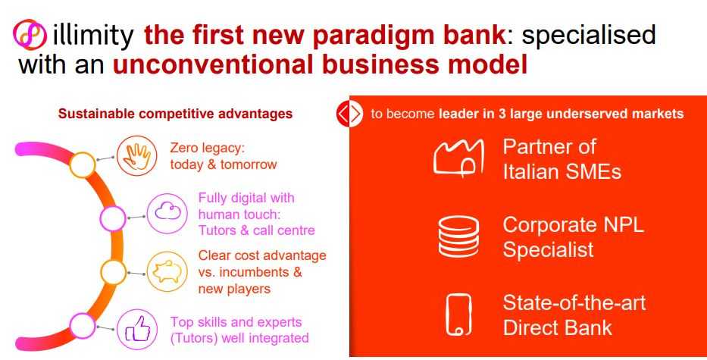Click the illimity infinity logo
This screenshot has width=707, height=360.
[x=30, y=34]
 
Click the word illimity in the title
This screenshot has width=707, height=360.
[x=93, y=34]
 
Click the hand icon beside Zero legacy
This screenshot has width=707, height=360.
[x=136, y=156]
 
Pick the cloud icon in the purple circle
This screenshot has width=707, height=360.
[x=167, y=213]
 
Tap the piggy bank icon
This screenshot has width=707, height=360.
[x=167, y=272]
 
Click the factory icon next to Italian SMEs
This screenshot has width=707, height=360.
[x=458, y=157]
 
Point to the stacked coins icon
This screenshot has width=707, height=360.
[x=458, y=236]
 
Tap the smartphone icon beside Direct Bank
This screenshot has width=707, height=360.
[x=458, y=315]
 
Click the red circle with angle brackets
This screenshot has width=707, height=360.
[x=350, y=114]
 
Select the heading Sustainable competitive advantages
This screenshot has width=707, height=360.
[x=175, y=114]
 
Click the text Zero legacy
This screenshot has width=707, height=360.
[x=207, y=148]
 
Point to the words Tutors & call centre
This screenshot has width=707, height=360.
[x=257, y=230]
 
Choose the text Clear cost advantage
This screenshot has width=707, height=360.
[x=262, y=256]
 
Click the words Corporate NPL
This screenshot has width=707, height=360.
[x=573, y=224]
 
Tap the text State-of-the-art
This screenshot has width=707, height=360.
[x=574, y=302]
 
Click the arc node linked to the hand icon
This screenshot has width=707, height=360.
[x=83, y=164]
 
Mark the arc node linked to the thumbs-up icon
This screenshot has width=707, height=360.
[x=83, y=326]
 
